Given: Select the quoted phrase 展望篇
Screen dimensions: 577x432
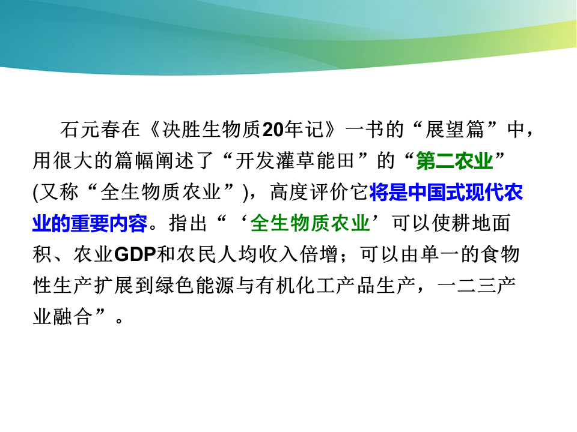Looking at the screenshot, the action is tap(455, 130).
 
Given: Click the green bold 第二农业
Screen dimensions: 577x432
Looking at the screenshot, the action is tap(455, 161).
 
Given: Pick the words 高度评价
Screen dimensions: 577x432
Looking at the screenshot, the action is tap(310, 192).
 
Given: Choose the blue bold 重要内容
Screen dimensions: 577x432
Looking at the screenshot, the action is tap(109, 223).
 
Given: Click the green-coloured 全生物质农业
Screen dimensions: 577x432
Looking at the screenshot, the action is tap(310, 223).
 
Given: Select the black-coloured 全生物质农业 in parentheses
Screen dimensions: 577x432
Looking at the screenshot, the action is tap(160, 192).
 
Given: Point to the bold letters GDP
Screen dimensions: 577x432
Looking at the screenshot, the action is tap(135, 254).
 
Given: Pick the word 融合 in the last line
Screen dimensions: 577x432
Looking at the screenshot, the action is tap(72, 317).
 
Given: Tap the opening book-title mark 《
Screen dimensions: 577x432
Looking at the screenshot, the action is tap(151, 130).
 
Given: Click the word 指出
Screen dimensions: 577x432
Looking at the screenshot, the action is tap(188, 223).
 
